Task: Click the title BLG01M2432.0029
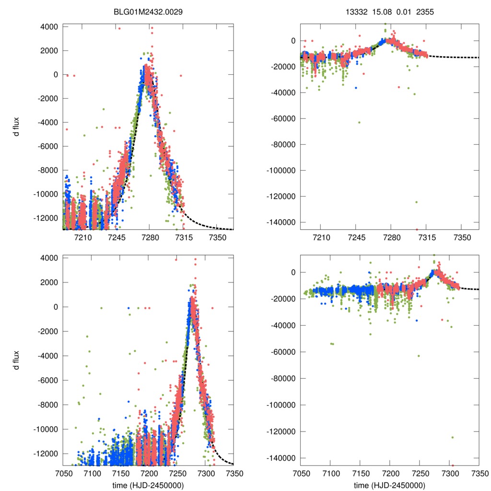(148, 12)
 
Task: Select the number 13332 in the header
(355, 12)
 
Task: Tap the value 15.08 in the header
(381, 12)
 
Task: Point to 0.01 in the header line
(403, 12)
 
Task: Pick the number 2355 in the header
(425, 12)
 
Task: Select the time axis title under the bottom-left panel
(148, 485)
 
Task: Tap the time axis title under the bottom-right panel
(389, 485)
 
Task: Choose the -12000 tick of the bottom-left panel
(46, 454)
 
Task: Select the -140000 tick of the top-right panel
(283, 222)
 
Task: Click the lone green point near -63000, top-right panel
(359, 122)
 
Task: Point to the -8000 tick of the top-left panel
(47, 170)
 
